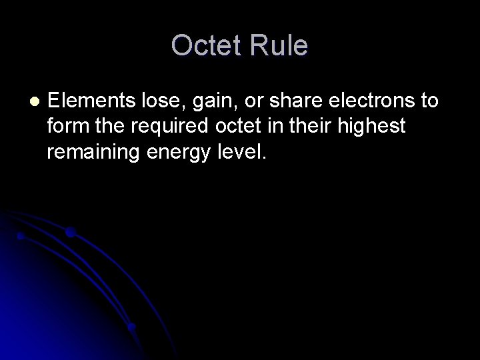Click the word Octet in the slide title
click(x=207, y=46)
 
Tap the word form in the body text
click(x=65, y=127)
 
